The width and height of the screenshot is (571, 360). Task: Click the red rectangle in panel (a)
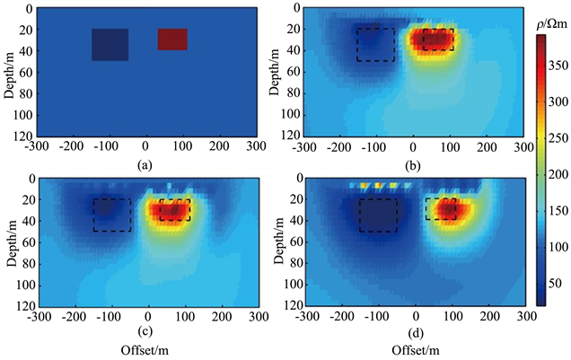point(172,39)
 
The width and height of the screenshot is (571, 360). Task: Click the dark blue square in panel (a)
point(110,44)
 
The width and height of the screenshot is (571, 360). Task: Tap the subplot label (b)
point(414,166)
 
